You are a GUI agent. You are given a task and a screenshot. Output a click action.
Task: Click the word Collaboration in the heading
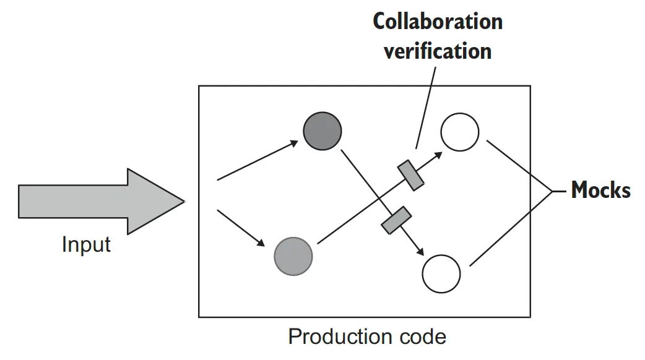437,22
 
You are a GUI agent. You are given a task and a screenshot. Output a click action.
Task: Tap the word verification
437,50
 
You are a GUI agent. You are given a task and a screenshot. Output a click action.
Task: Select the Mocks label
600,190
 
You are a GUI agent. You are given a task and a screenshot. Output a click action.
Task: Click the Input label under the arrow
86,244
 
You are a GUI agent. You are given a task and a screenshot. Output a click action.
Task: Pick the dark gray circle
322,130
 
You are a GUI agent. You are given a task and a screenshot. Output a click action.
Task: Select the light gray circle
293,255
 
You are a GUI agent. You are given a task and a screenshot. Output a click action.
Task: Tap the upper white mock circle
459,132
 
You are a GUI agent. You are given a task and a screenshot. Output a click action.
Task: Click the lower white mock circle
441,273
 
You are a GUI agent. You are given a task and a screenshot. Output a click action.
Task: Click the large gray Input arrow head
155,202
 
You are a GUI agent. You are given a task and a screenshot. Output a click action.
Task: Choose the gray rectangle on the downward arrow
396,220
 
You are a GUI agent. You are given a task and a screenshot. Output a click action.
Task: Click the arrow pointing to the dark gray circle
257,161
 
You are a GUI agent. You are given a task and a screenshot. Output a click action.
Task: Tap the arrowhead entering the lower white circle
421,251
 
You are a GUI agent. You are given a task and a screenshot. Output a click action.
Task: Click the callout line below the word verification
426,105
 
